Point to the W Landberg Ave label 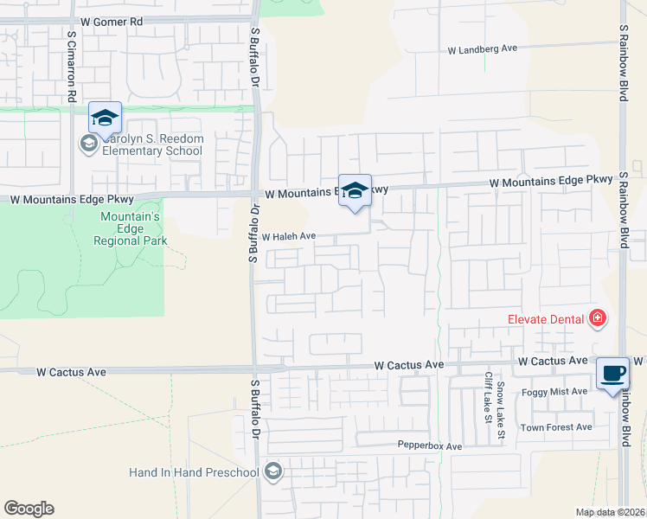[x=482, y=49]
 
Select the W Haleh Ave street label [x=289, y=236]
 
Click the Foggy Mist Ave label [x=554, y=392]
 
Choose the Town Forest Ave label [x=555, y=427]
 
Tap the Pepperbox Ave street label [x=430, y=446]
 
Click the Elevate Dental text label [x=545, y=319]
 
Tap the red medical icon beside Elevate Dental [x=596, y=319]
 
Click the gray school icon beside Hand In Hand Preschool [x=273, y=471]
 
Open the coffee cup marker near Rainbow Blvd [x=612, y=374]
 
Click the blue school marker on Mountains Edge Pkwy [x=355, y=191]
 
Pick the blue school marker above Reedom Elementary [x=105, y=119]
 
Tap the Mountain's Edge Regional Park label [x=133, y=228]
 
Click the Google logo [x=29, y=509]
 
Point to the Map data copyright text [x=611, y=512]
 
